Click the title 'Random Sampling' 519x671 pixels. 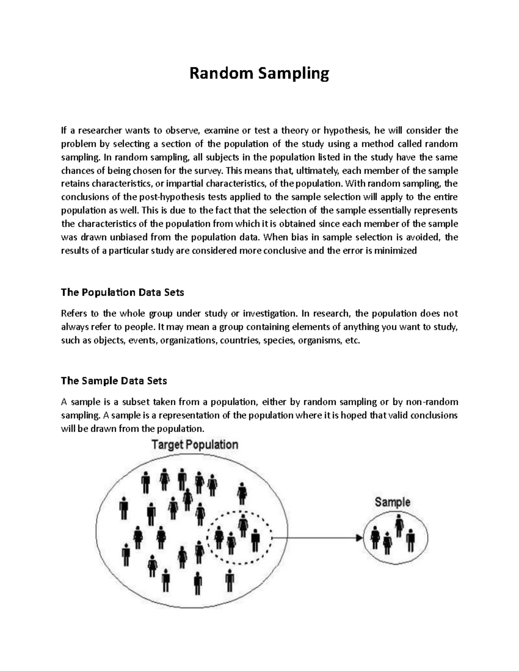coord(259,73)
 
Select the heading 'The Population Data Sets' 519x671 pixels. coord(122,293)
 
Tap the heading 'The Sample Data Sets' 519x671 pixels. coord(114,381)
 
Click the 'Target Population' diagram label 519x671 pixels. coord(195,445)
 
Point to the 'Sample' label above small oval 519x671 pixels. coord(392,502)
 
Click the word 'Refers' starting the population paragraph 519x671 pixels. coord(74,313)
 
